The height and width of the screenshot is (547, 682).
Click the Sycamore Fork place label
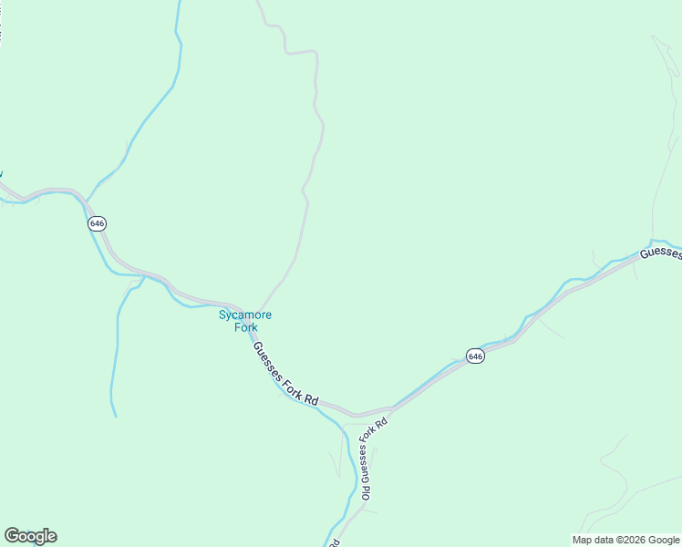[x=244, y=321]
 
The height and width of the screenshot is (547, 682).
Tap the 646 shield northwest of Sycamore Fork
[x=98, y=223]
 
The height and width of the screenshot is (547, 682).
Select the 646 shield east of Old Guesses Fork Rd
[x=474, y=356]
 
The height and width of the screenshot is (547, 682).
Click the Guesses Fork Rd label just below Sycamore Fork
[x=285, y=374]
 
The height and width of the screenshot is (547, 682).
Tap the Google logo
[x=30, y=536]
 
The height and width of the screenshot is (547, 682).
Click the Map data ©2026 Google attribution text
[x=625, y=540]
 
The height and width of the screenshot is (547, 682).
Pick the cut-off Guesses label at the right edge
[x=660, y=252]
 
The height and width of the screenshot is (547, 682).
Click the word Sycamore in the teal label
[x=244, y=315]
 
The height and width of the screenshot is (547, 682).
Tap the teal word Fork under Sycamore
[x=244, y=327]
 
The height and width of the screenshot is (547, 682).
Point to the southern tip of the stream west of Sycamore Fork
[x=116, y=416]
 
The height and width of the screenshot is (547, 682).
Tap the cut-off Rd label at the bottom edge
[x=336, y=542]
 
